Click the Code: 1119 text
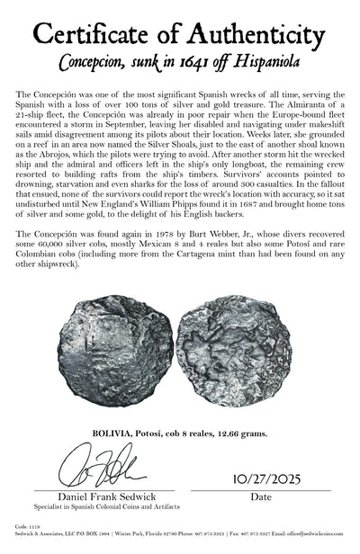point(16,539)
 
